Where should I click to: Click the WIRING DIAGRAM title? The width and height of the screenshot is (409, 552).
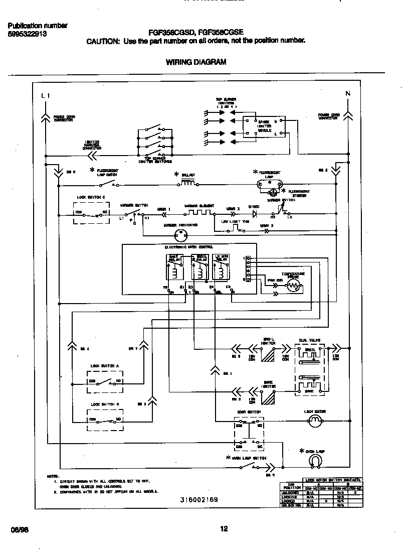tap(195, 62)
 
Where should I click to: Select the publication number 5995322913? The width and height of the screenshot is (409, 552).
tap(28, 34)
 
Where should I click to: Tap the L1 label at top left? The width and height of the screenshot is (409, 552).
tap(46, 95)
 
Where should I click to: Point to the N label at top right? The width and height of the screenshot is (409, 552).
tap(348, 93)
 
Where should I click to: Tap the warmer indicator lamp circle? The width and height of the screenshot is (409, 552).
tap(179, 235)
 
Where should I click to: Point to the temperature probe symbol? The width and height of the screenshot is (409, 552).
tap(293, 286)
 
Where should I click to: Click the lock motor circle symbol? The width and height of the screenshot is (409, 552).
tap(314, 423)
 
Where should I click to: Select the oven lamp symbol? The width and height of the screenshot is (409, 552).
tap(314, 460)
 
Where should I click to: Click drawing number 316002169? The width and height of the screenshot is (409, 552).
tap(199, 500)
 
